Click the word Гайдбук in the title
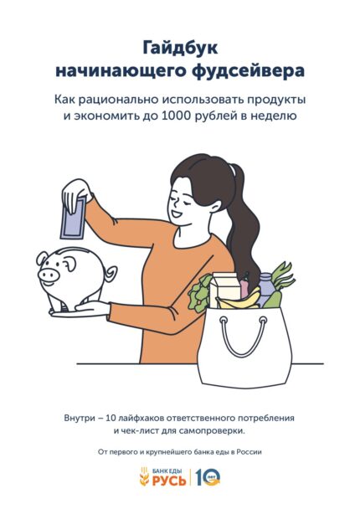pos(180,49)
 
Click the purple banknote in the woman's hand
pos(74,217)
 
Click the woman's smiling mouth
pos(177,214)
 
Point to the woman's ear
pos(216,204)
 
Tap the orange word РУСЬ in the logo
pos(169,481)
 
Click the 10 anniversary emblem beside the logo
pos(208,477)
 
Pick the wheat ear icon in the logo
pos(144,477)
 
